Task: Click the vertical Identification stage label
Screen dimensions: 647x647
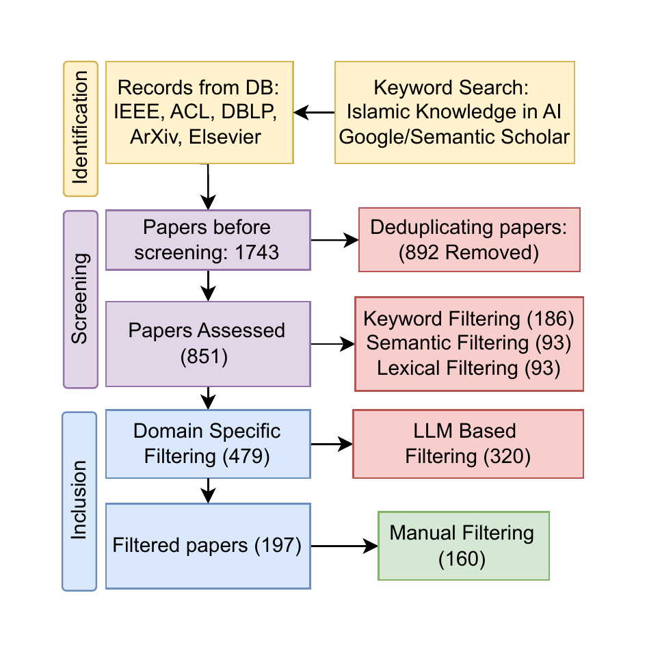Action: pos(81,129)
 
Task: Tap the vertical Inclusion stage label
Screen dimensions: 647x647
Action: pos(79,501)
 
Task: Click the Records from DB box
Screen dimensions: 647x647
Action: pos(199,112)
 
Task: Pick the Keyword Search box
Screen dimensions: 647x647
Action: pos(454,112)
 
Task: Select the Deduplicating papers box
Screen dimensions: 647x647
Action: pos(469,239)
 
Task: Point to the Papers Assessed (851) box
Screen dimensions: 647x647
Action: pos(208,344)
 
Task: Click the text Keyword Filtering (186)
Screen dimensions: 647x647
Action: pos(468,319)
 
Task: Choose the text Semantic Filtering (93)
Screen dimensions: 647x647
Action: pos(468,343)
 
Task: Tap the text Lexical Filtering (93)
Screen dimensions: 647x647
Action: pos(468,368)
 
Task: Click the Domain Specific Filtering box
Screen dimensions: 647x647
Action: pos(208,443)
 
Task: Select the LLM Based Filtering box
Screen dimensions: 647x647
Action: pos(468,443)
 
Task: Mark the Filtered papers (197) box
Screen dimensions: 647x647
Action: pos(208,546)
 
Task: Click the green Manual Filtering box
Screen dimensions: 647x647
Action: pos(463,546)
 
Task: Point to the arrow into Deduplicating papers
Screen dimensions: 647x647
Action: pos(335,240)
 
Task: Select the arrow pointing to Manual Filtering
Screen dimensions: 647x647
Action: pos(344,546)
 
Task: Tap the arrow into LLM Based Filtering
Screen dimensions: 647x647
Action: pos(332,445)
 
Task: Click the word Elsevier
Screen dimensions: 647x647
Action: pos(226,137)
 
